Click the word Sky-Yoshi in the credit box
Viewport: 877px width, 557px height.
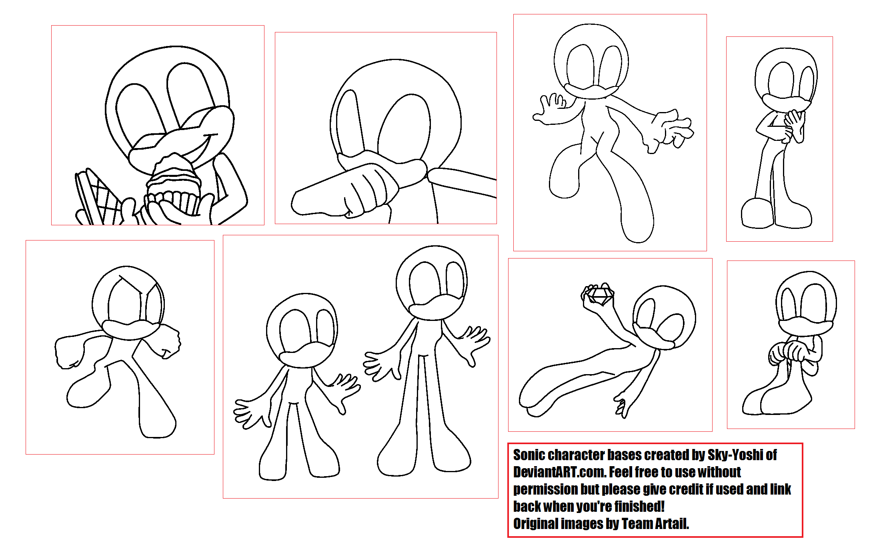click(x=735, y=455)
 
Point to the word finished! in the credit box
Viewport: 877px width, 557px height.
click(x=639, y=507)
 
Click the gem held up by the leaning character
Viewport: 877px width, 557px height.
click(x=599, y=296)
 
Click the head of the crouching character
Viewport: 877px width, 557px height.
click(x=806, y=300)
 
